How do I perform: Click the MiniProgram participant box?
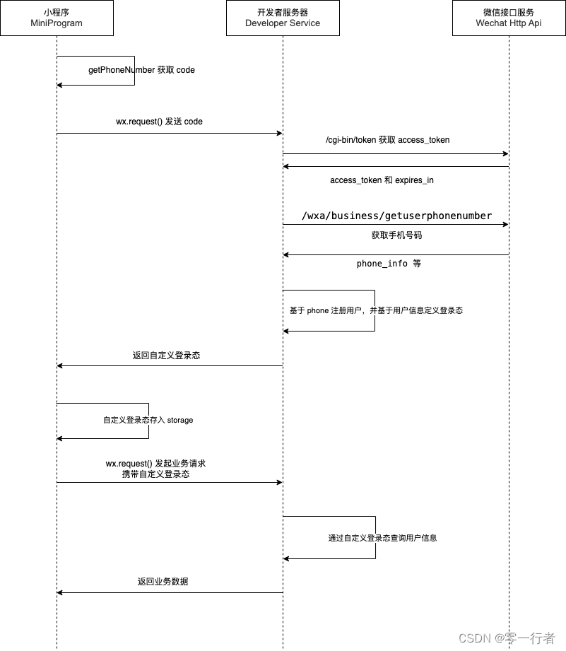[57, 18]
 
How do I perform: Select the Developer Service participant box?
[283, 18]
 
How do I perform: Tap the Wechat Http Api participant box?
[509, 18]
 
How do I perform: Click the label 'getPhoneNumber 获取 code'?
[141, 70]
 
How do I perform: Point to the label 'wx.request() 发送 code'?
[160, 122]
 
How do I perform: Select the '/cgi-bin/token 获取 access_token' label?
[387, 140]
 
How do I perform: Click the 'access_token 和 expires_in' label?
[382, 180]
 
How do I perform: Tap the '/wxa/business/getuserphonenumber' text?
[396, 216]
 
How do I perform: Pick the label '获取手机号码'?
[396, 235]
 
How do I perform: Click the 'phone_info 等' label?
[389, 264]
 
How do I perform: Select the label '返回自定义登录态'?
[166, 356]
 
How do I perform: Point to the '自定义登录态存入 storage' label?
[148, 420]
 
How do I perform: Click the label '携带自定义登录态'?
[155, 474]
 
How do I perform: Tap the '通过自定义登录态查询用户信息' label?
[382, 538]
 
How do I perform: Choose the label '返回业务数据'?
[163, 582]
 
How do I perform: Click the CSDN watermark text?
[507, 638]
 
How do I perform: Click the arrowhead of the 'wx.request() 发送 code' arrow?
[280, 134]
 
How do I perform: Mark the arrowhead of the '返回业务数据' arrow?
[60, 592]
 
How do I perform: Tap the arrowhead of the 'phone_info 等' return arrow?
[286, 254]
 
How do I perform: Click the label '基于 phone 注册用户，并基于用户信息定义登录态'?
[376, 310]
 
